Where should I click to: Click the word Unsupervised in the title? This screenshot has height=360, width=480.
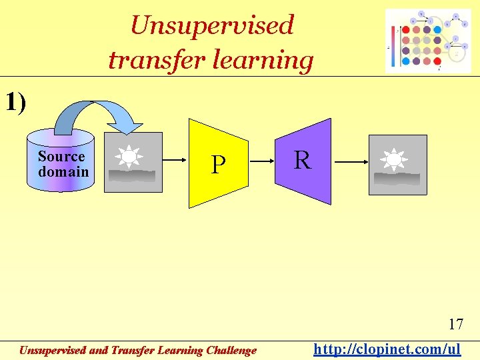212,25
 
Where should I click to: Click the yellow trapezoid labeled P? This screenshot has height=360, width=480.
218,163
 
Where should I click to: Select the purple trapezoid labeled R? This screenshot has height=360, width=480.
304,161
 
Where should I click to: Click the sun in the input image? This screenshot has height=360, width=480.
128,156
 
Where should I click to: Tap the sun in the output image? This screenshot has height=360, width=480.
393,160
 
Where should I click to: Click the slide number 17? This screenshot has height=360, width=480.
455,325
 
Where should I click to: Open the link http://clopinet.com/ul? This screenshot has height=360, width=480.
387,349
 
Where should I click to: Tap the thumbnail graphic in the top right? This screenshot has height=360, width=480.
428,41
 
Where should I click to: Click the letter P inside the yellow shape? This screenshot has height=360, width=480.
217,164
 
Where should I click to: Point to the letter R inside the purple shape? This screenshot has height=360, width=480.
302,160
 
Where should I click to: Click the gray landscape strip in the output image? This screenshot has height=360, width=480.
397,179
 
